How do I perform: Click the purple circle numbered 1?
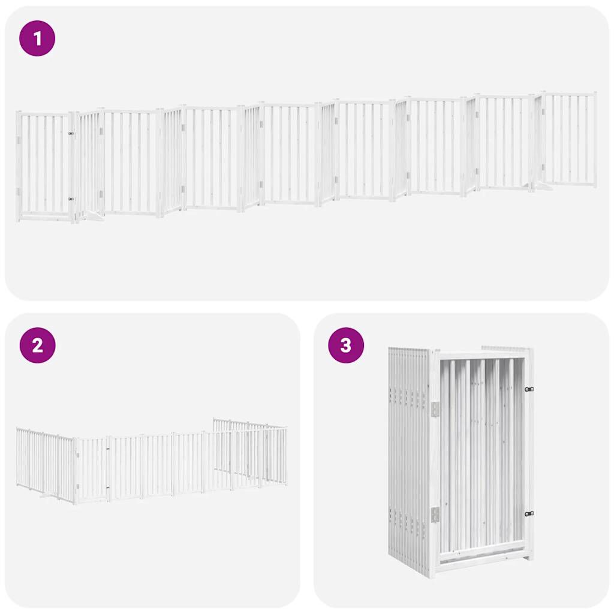[37, 39]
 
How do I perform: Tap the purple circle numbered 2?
[37, 345]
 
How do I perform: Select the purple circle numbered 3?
[346, 345]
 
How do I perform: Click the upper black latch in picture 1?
[71, 134]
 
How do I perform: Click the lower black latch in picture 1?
[71, 198]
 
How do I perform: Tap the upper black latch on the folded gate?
[529, 389]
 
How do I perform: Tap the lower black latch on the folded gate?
[529, 513]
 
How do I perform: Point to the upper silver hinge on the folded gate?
[435, 409]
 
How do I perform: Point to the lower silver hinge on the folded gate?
[435, 514]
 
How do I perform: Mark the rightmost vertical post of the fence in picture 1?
[595, 139]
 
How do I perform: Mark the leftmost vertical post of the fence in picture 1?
[19, 167]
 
